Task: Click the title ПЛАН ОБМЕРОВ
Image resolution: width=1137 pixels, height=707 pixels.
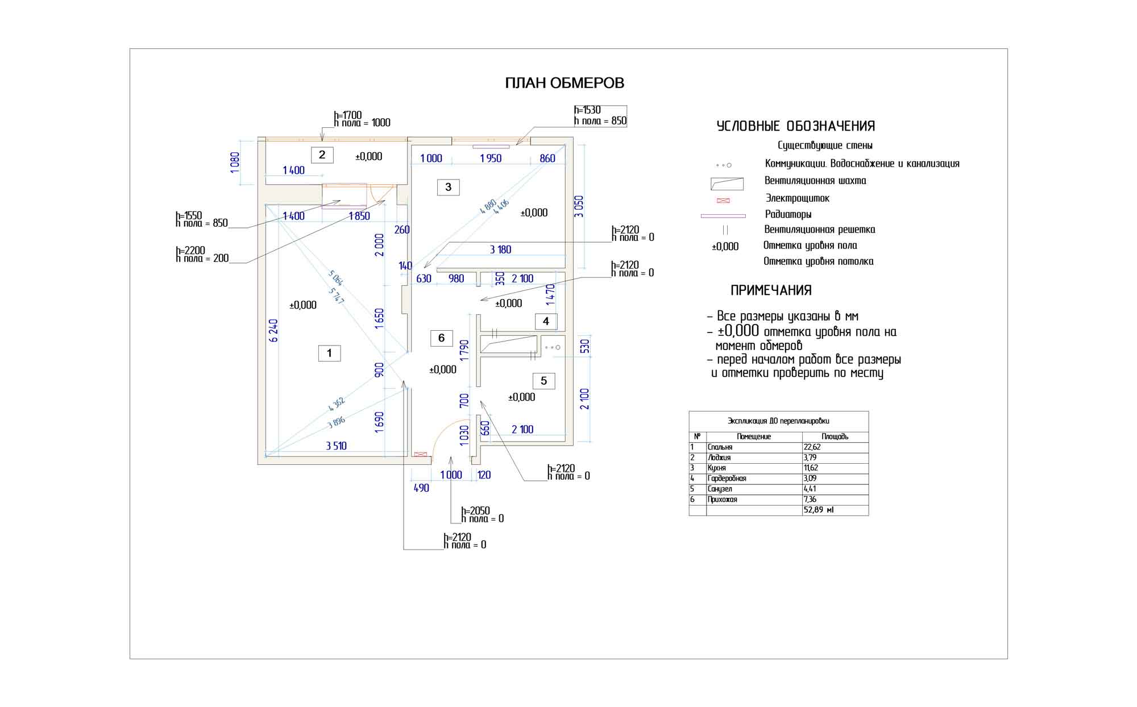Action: pyautogui.click(x=565, y=83)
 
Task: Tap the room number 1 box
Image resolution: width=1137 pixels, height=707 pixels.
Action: pyautogui.click(x=329, y=353)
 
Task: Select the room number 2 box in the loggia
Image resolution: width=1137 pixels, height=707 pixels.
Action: pyautogui.click(x=322, y=155)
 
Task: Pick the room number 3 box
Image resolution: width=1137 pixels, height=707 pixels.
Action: pyautogui.click(x=448, y=187)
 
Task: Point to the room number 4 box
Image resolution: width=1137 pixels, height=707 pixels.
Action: pyautogui.click(x=546, y=321)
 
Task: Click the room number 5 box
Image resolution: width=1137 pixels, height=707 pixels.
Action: pyautogui.click(x=543, y=381)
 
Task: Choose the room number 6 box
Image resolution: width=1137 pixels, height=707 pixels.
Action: pyautogui.click(x=441, y=338)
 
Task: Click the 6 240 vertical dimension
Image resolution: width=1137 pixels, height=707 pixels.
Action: pyautogui.click(x=273, y=330)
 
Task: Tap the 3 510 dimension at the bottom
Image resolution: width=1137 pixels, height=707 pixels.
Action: pyautogui.click(x=336, y=446)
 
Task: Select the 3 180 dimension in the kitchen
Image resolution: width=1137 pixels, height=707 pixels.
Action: pyautogui.click(x=500, y=249)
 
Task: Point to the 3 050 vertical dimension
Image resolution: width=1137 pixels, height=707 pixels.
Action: pyautogui.click(x=579, y=206)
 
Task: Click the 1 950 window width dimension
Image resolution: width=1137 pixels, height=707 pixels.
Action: pyautogui.click(x=491, y=159)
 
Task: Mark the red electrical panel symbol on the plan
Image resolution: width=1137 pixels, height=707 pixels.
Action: pyautogui.click(x=420, y=454)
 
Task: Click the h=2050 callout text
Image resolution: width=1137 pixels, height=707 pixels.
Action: pyautogui.click(x=475, y=511)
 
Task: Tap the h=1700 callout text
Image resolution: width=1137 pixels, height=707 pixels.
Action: pyautogui.click(x=347, y=115)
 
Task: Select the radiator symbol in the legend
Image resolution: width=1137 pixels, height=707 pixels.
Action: pyautogui.click(x=723, y=216)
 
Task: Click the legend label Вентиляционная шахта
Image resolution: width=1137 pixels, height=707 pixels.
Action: pyautogui.click(x=815, y=181)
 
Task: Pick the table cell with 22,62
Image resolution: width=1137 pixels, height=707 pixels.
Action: pyautogui.click(x=812, y=447)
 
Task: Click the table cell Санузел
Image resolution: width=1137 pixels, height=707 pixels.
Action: pyautogui.click(x=720, y=489)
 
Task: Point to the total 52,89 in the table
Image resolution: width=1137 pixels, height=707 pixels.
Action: pyautogui.click(x=818, y=510)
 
